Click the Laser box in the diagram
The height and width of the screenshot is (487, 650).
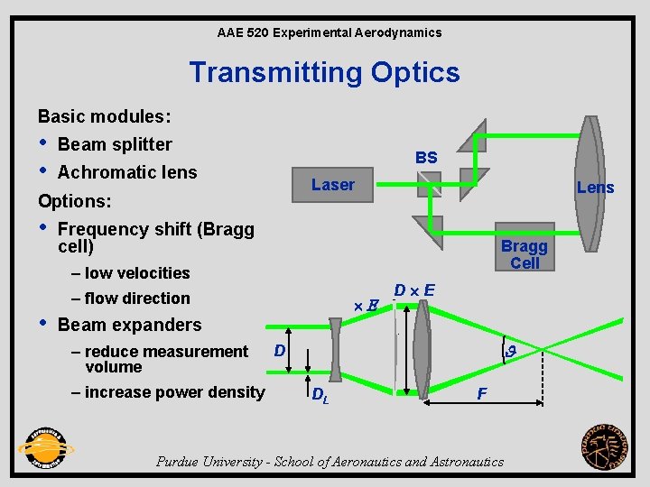coord(332,185)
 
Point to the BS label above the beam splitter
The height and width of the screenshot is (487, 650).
coord(426,158)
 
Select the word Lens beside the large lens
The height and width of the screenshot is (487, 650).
coord(595,188)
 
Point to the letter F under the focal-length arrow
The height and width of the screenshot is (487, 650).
coord(482,393)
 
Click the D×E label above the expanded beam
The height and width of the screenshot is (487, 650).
coord(415,289)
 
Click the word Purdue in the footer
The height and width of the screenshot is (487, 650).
coord(179,462)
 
